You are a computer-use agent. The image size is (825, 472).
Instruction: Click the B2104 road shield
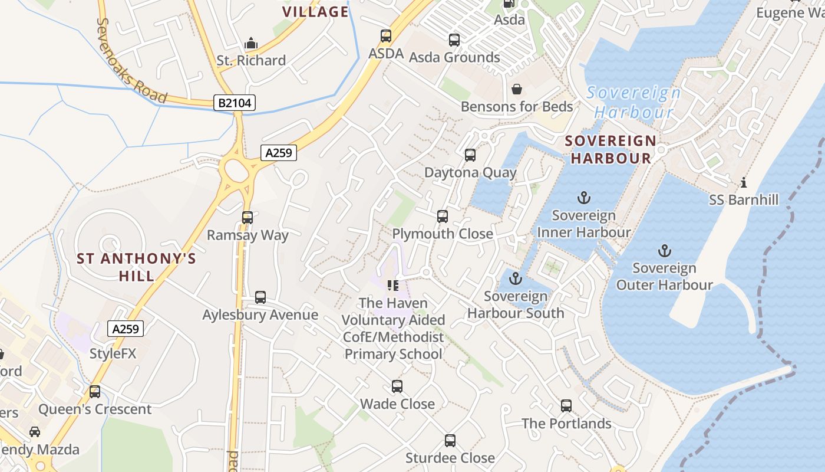tap(235, 103)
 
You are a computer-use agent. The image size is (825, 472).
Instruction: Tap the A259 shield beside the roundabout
tap(278, 153)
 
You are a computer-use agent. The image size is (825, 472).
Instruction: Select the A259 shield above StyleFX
tap(126, 329)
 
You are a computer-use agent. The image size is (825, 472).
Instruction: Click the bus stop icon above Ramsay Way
tap(247, 217)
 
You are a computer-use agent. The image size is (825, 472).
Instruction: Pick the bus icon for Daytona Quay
tap(470, 155)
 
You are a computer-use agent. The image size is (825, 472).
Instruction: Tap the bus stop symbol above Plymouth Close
tap(443, 216)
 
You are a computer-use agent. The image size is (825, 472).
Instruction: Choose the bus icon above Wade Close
tap(397, 386)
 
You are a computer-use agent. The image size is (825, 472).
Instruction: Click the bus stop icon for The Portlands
tap(566, 406)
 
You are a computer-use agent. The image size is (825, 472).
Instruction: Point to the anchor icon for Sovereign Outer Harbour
tap(664, 251)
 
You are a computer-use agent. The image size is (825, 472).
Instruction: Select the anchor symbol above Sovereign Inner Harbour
tap(583, 198)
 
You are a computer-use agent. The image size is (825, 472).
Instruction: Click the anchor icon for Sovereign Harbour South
tap(516, 278)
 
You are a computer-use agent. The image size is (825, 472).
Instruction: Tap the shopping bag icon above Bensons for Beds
tap(517, 89)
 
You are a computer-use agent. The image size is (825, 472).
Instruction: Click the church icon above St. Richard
tap(251, 43)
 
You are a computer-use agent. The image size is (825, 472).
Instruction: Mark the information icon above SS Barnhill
tap(744, 182)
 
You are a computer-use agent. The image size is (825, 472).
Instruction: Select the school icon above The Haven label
tap(393, 286)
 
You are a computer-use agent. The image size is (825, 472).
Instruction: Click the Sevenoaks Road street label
tap(131, 60)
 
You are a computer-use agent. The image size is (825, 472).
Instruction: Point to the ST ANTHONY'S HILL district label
tap(137, 267)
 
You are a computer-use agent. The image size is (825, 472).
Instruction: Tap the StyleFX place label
tap(113, 353)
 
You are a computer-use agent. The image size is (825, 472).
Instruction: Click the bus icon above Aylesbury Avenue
tap(260, 297)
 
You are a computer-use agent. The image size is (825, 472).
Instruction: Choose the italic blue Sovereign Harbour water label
tap(634, 102)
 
